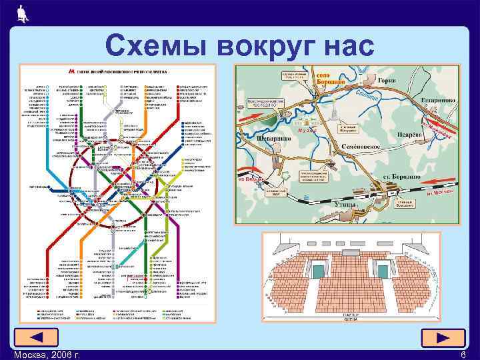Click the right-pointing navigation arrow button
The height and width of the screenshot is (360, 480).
(x=443, y=338)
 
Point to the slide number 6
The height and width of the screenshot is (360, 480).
(x=463, y=354)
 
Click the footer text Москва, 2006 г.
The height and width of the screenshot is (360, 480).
(x=47, y=354)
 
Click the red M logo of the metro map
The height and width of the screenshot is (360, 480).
(x=71, y=69)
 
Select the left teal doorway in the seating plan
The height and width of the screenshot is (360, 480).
(x=319, y=270)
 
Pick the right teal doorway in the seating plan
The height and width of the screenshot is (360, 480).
(x=382, y=270)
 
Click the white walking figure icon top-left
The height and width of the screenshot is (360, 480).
(x=22, y=12)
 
